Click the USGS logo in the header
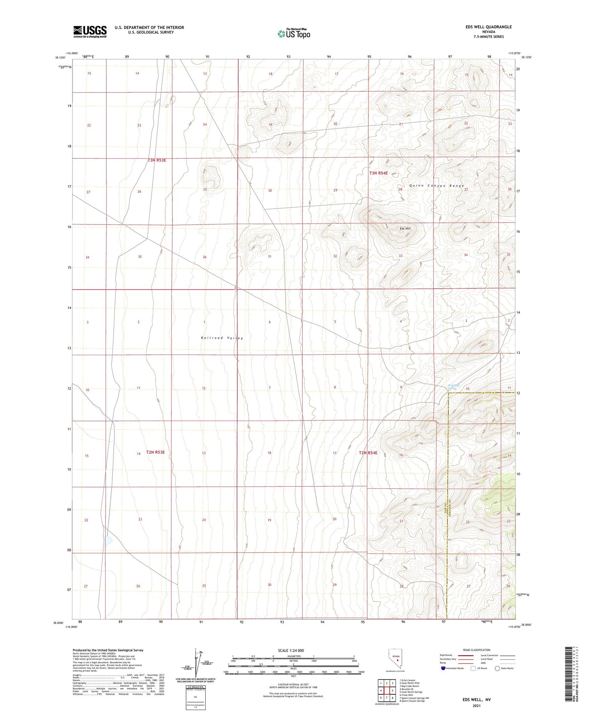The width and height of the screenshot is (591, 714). click(90, 32)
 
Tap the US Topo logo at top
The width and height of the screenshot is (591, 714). click(294, 34)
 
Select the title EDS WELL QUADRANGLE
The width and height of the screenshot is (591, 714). click(489, 27)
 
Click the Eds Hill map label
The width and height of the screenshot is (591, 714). click(405, 228)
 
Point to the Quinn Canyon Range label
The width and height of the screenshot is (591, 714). click(437, 185)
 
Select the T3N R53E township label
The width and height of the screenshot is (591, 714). click(157, 160)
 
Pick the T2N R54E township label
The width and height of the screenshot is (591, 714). click(368, 453)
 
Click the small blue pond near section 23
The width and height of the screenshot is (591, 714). click(108, 540)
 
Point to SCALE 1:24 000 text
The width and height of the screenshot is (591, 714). click(291, 650)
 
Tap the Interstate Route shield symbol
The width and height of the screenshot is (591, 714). click(444, 668)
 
